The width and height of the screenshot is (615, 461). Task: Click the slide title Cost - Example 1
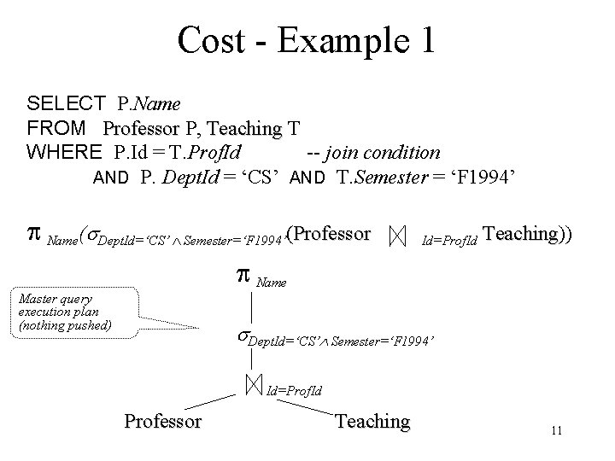[x=307, y=40]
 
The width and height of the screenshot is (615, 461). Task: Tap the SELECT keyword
[x=66, y=105]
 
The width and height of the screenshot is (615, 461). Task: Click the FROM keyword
[x=56, y=129]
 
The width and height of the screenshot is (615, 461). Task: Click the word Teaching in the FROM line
[x=243, y=129]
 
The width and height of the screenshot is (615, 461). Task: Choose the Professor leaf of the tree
[x=162, y=421]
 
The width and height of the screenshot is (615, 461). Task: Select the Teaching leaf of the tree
[x=372, y=421]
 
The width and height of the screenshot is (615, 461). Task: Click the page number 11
[x=556, y=431]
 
